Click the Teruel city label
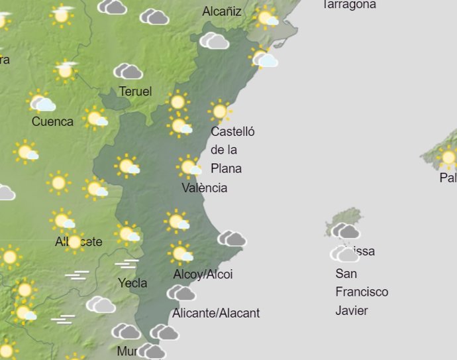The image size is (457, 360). point(135,91)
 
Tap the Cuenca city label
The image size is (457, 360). point(52,121)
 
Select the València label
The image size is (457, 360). point(205,188)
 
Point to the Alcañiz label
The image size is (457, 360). point(222,11)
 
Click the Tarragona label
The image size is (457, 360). point(349,5)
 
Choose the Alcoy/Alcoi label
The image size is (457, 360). point(203,274)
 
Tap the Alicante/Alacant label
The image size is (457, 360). point(216,313)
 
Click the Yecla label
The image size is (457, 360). point(132,283)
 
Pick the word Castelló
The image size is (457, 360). point(232,131)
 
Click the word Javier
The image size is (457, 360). point(352,310)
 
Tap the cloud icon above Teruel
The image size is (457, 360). point(128,72)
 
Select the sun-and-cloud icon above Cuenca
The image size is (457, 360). point(41,102)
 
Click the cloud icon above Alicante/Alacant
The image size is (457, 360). point(181,293)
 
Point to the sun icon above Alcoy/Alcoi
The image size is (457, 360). point(179,253)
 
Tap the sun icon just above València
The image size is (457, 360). point(189,167)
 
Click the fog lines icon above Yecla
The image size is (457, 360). point(127,265)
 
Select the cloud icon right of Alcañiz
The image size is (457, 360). point(268,18)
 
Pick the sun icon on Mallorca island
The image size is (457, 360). point(448,158)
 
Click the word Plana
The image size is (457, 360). point(226,168)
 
